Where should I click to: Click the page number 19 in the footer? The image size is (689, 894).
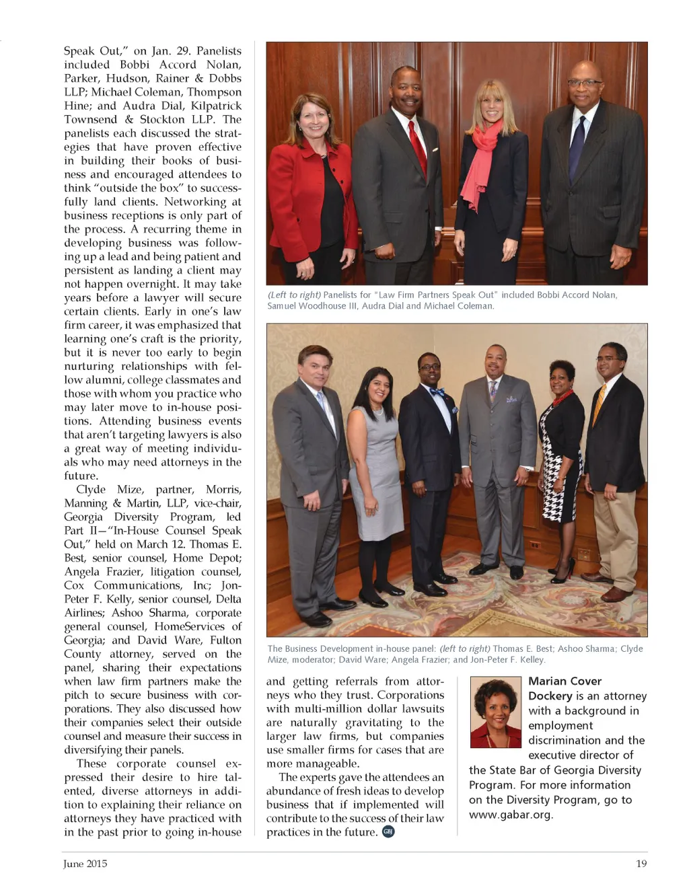[x=641, y=864]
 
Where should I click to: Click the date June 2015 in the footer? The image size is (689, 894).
[x=85, y=864]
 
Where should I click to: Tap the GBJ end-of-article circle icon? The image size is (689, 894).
[x=388, y=831]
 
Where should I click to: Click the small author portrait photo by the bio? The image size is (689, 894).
[x=496, y=712]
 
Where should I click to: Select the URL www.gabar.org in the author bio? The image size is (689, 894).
[x=511, y=815]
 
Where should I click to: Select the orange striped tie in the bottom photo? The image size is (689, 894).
[x=599, y=404]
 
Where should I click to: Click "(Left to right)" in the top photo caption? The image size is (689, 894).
[x=294, y=295]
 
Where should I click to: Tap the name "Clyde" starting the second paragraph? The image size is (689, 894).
[x=91, y=490]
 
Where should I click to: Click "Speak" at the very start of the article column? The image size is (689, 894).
[x=79, y=51]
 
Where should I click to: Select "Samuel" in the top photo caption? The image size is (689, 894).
[x=283, y=306]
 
